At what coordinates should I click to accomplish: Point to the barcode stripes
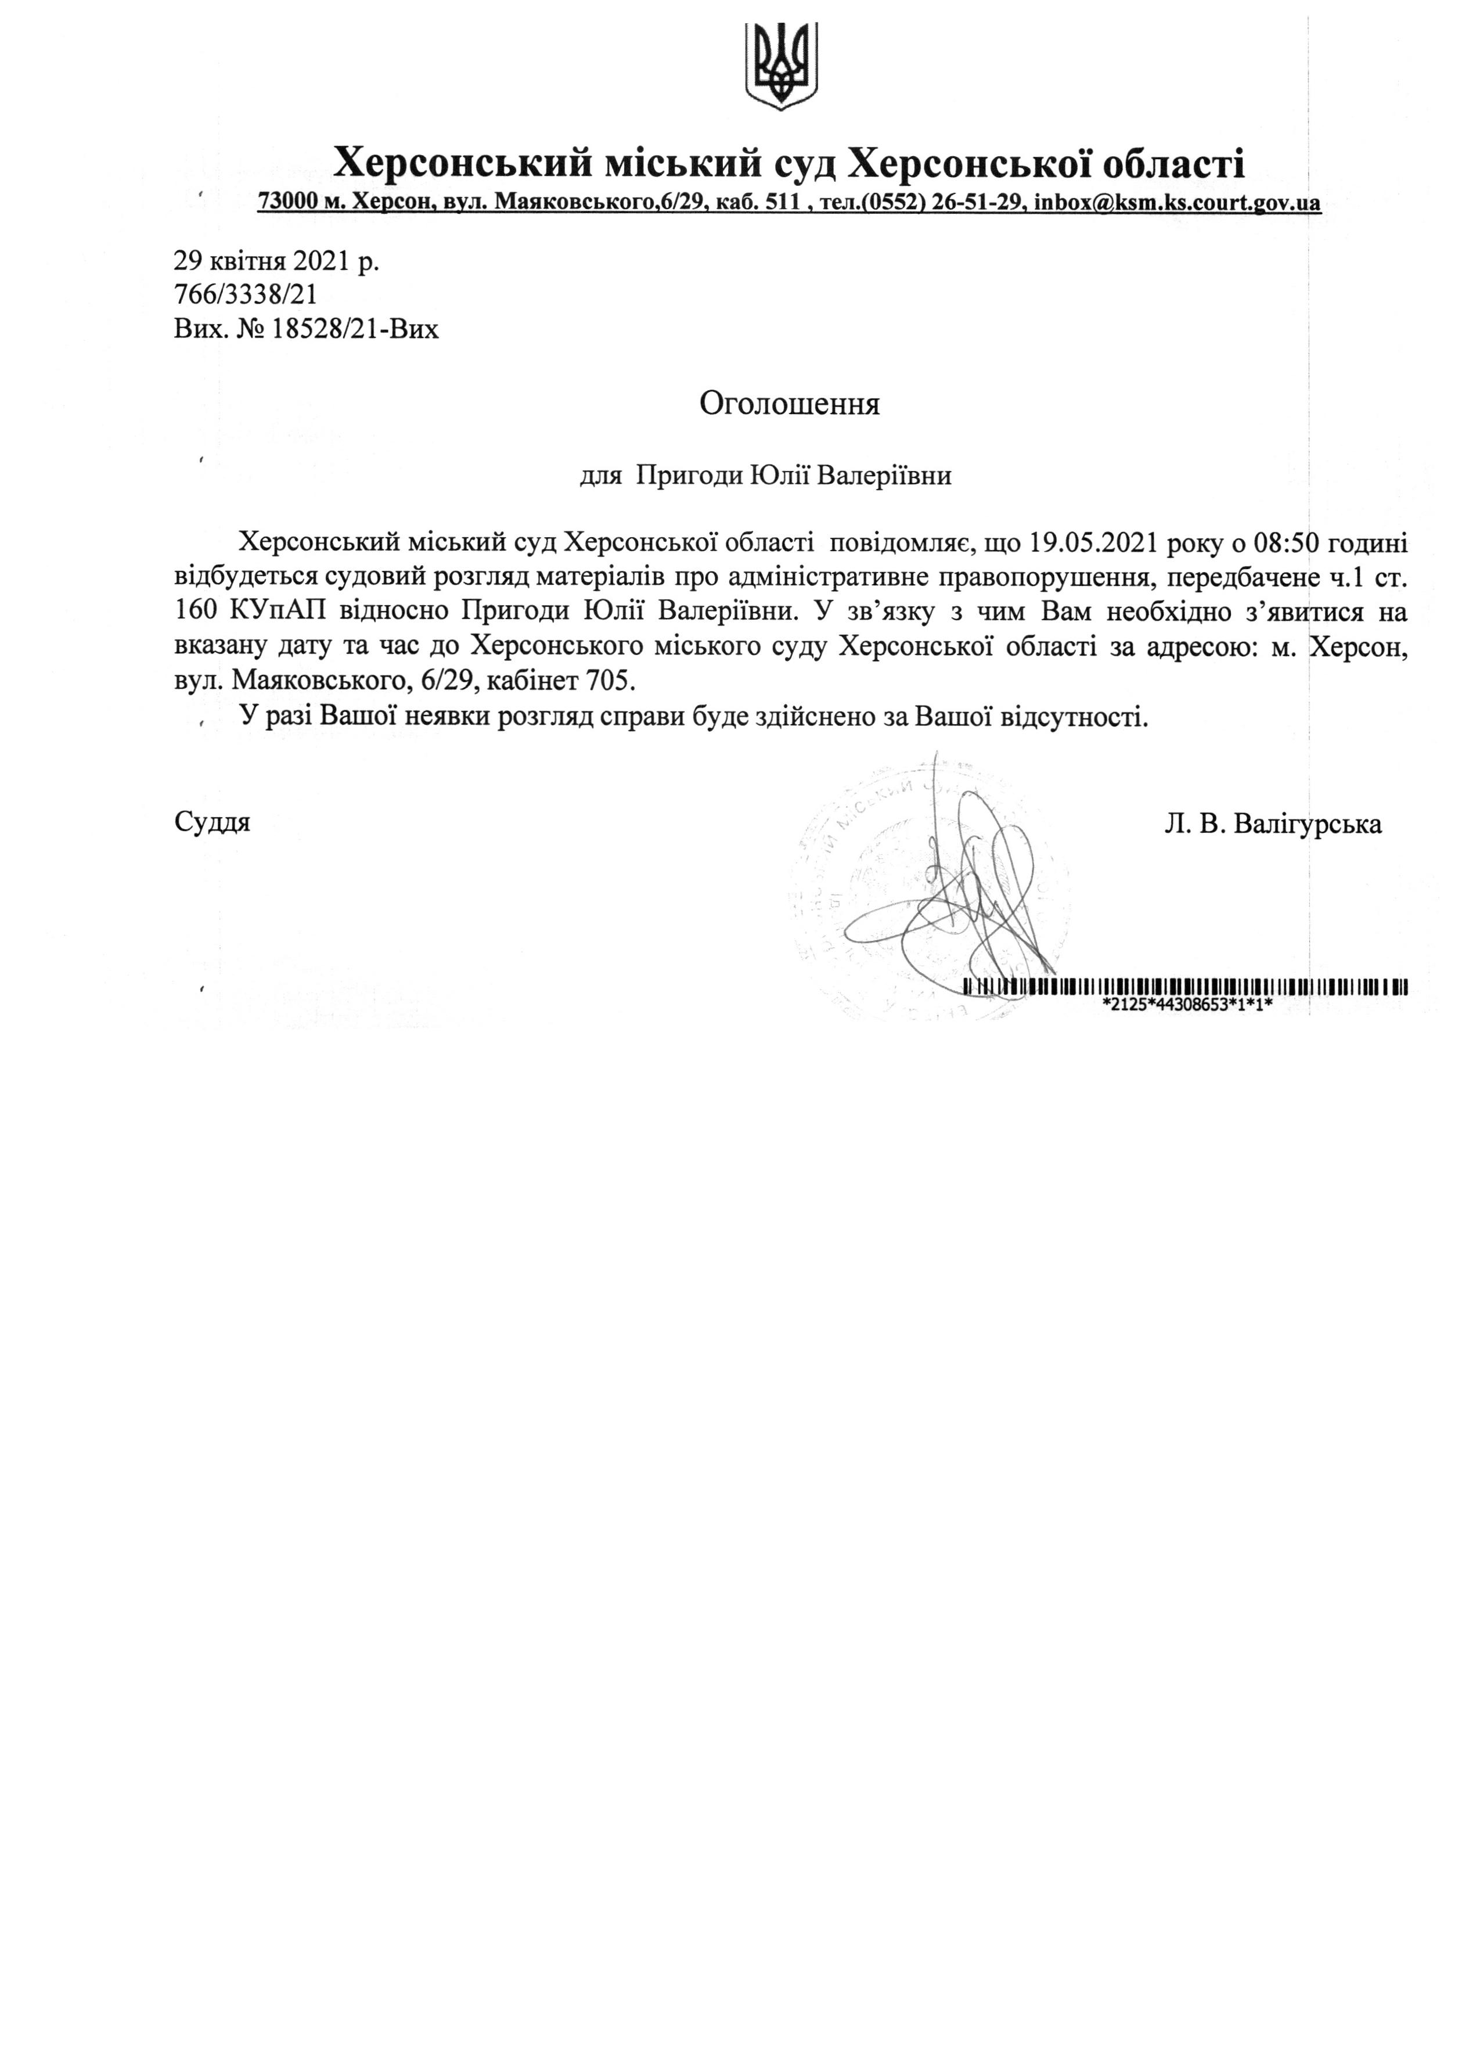[x=1185, y=987]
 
